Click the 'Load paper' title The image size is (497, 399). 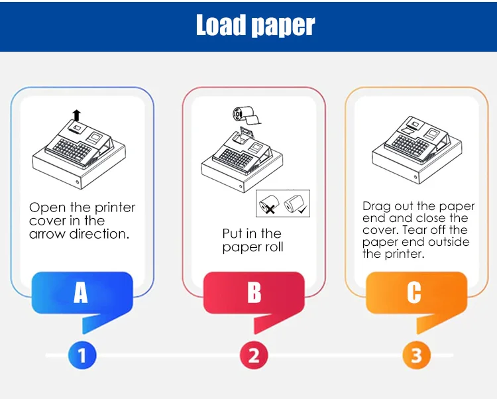[x=256, y=25]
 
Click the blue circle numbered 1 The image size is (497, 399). [x=82, y=355]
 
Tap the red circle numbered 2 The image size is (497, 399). [x=254, y=355]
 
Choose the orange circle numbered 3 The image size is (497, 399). [x=417, y=355]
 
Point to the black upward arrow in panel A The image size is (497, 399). [x=76, y=115]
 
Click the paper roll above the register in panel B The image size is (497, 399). [x=247, y=116]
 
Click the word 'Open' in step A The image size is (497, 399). [x=48, y=208]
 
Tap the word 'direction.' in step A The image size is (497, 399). [x=99, y=234]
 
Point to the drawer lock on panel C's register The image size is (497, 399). [x=415, y=177]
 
